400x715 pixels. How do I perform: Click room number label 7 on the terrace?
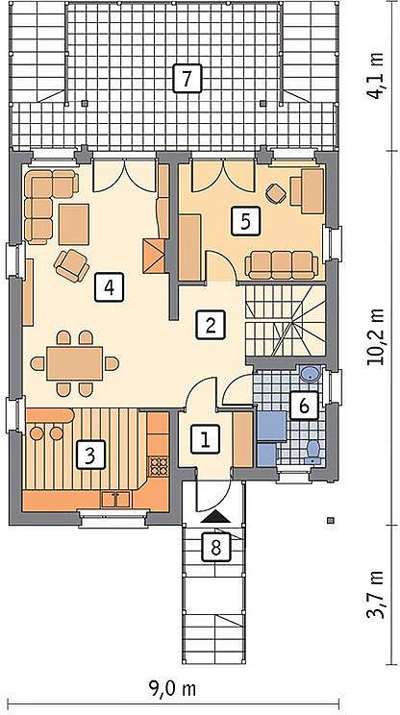187,79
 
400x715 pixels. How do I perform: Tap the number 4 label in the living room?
109,286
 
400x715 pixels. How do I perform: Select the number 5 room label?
245,221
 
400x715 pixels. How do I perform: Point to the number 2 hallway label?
211,325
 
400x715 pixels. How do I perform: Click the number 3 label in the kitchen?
90,455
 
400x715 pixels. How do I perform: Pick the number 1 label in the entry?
205,439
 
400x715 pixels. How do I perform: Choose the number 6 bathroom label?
305,405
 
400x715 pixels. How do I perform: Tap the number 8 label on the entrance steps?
216,546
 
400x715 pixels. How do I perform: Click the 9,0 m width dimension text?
173,689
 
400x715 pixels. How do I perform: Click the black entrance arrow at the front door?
215,517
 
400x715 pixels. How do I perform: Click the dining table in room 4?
75,363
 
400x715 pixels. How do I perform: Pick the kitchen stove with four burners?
159,465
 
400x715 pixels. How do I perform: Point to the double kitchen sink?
115,500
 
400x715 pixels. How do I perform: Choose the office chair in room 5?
276,194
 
